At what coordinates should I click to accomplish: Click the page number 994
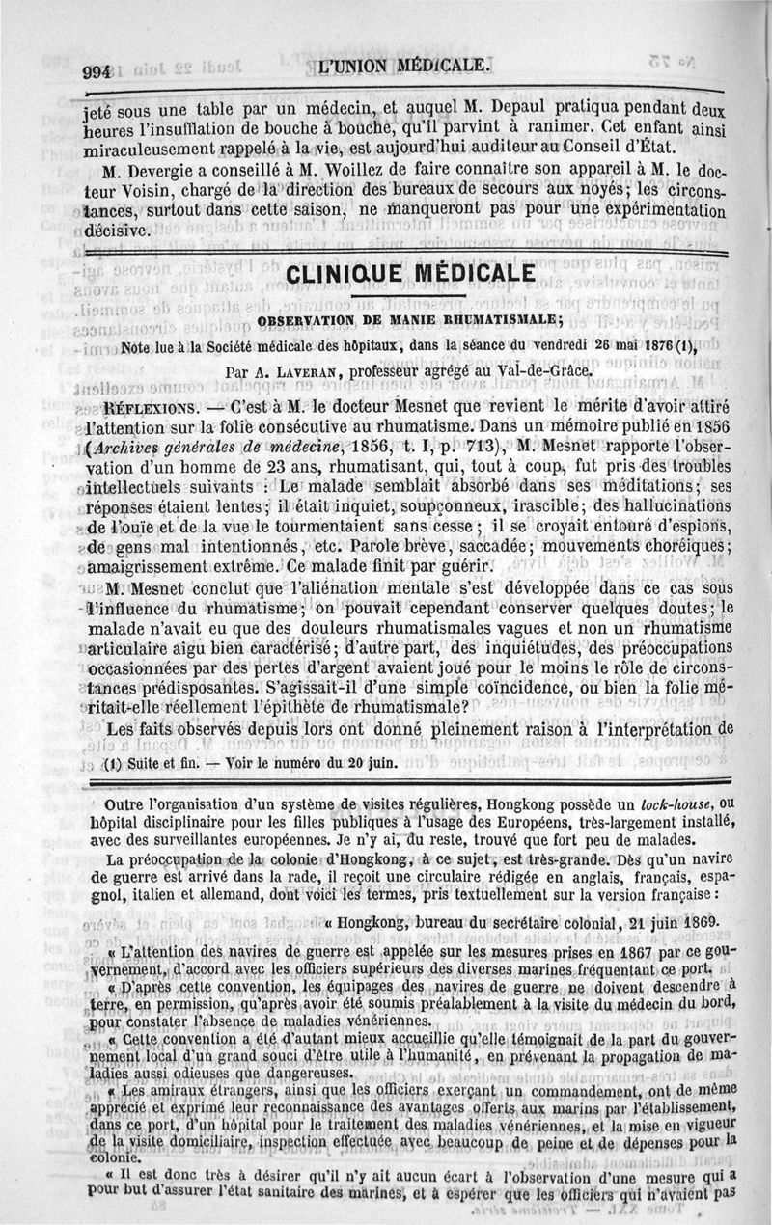[97, 70]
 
